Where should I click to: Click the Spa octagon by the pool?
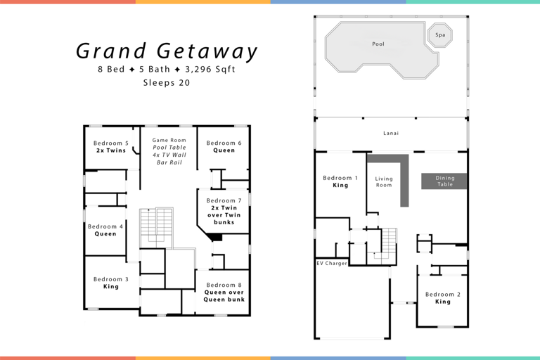440,34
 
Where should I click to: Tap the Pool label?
378,44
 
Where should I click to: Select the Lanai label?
391,133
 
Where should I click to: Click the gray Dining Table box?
444,181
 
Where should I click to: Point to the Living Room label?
384,182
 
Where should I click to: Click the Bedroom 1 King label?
340,181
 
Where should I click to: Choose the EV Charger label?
331,263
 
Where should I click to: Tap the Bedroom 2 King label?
442,297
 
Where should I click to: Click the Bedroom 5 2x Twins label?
111,146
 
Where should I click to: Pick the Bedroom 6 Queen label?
224,146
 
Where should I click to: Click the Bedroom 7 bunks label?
224,211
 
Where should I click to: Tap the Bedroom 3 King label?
111,283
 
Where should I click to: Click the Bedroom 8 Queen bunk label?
224,292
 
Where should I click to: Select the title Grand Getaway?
167,51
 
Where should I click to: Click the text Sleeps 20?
167,82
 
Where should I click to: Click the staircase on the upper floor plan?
155,226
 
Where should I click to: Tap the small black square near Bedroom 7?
217,238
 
